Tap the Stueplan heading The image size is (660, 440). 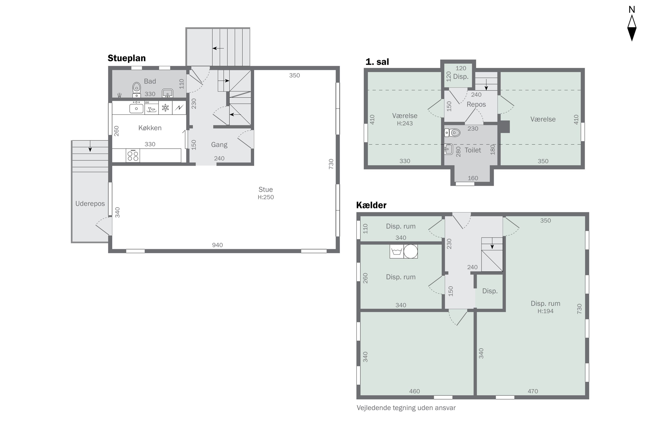click(x=126, y=58)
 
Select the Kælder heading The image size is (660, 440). click(x=371, y=205)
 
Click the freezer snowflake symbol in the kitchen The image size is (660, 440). click(x=165, y=108)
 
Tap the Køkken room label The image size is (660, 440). click(x=150, y=128)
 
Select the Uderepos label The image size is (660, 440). click(x=90, y=204)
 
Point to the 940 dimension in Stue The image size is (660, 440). click(x=218, y=245)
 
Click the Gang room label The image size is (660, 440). click(x=219, y=145)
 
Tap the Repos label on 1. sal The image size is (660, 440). click(x=476, y=104)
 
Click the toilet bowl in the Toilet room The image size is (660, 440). click(x=452, y=133)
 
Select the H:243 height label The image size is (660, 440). click(x=405, y=123)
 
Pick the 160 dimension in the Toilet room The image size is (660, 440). click(x=473, y=178)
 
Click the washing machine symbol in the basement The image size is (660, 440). click(x=396, y=251)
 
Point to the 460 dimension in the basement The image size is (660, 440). click(x=414, y=391)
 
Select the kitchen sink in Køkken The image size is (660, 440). click(x=136, y=108)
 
